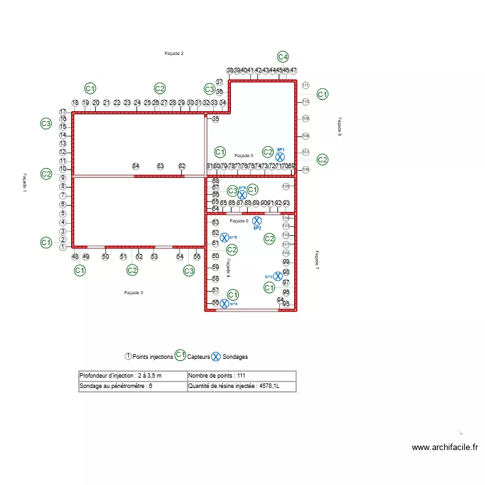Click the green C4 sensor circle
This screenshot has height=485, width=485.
(283, 57)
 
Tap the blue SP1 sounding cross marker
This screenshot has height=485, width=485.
(280, 156)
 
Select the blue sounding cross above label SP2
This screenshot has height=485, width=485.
(257, 221)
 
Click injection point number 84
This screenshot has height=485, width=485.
(135, 166)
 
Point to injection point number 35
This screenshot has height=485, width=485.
(215, 119)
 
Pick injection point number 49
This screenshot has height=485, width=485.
(76, 257)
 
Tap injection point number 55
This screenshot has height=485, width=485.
(197, 257)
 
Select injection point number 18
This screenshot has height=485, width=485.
(75, 102)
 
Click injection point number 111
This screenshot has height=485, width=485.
(305, 85)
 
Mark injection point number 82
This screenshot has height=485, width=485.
(182, 166)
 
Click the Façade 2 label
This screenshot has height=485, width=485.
(174, 53)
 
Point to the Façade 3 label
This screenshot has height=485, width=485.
(133, 293)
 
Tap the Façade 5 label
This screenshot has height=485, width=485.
(243, 155)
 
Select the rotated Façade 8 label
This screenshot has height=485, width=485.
(339, 127)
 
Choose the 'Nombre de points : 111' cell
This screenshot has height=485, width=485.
(241, 376)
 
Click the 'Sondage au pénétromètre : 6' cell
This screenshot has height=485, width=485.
(132, 387)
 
